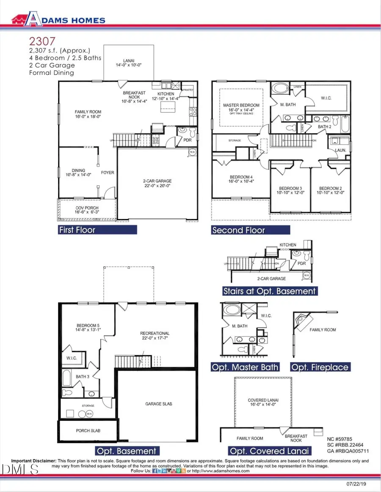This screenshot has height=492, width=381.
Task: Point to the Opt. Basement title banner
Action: click(x=126, y=451)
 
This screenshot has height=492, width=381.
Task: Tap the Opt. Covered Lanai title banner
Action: click(x=269, y=451)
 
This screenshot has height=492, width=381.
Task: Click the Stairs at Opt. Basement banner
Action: click(x=270, y=291)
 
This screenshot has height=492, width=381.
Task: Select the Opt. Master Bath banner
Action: click(x=245, y=367)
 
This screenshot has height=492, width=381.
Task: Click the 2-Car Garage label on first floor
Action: click(x=157, y=183)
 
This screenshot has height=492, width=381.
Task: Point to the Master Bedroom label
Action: click(x=241, y=107)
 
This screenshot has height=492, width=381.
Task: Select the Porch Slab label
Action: click(x=88, y=431)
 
